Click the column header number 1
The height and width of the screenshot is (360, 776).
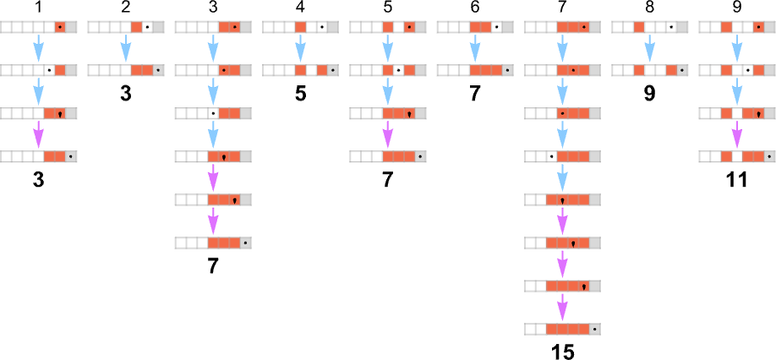click(x=38, y=8)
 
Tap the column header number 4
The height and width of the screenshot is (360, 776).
click(x=300, y=8)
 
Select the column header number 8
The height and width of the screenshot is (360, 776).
click(x=649, y=8)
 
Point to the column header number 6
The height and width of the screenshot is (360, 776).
click(x=475, y=8)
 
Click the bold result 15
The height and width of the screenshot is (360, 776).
click(x=562, y=351)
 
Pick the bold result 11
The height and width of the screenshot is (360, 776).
click(x=736, y=179)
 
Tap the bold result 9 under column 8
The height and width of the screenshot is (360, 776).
click(x=649, y=93)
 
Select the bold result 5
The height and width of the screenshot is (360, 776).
click(x=300, y=93)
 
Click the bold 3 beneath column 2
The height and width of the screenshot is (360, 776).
click(x=125, y=93)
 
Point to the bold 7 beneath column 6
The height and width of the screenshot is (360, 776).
click(x=475, y=93)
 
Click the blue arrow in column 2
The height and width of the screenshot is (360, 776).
click(x=125, y=48)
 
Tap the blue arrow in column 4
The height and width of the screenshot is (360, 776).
click(x=300, y=48)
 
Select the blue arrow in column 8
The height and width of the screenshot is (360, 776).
click(x=649, y=48)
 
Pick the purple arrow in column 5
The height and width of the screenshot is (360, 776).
click(x=387, y=134)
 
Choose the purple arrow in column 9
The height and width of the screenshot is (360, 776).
click(x=736, y=134)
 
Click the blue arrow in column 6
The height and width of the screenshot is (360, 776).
click(x=475, y=48)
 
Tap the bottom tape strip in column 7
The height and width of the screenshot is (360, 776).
click(x=562, y=329)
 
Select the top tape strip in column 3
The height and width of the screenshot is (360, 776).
click(x=212, y=27)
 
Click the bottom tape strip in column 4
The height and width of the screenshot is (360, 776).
click(x=300, y=70)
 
